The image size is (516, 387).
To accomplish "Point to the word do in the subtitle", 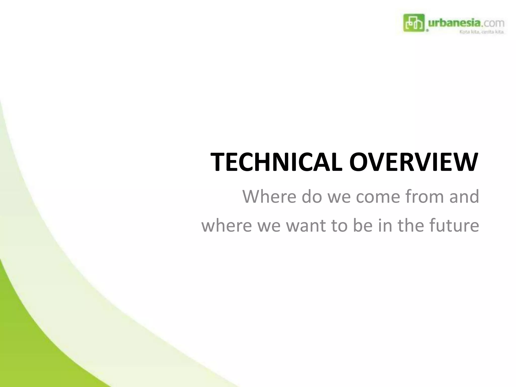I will coord(312,197).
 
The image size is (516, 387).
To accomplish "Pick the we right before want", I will coord(269,225).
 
